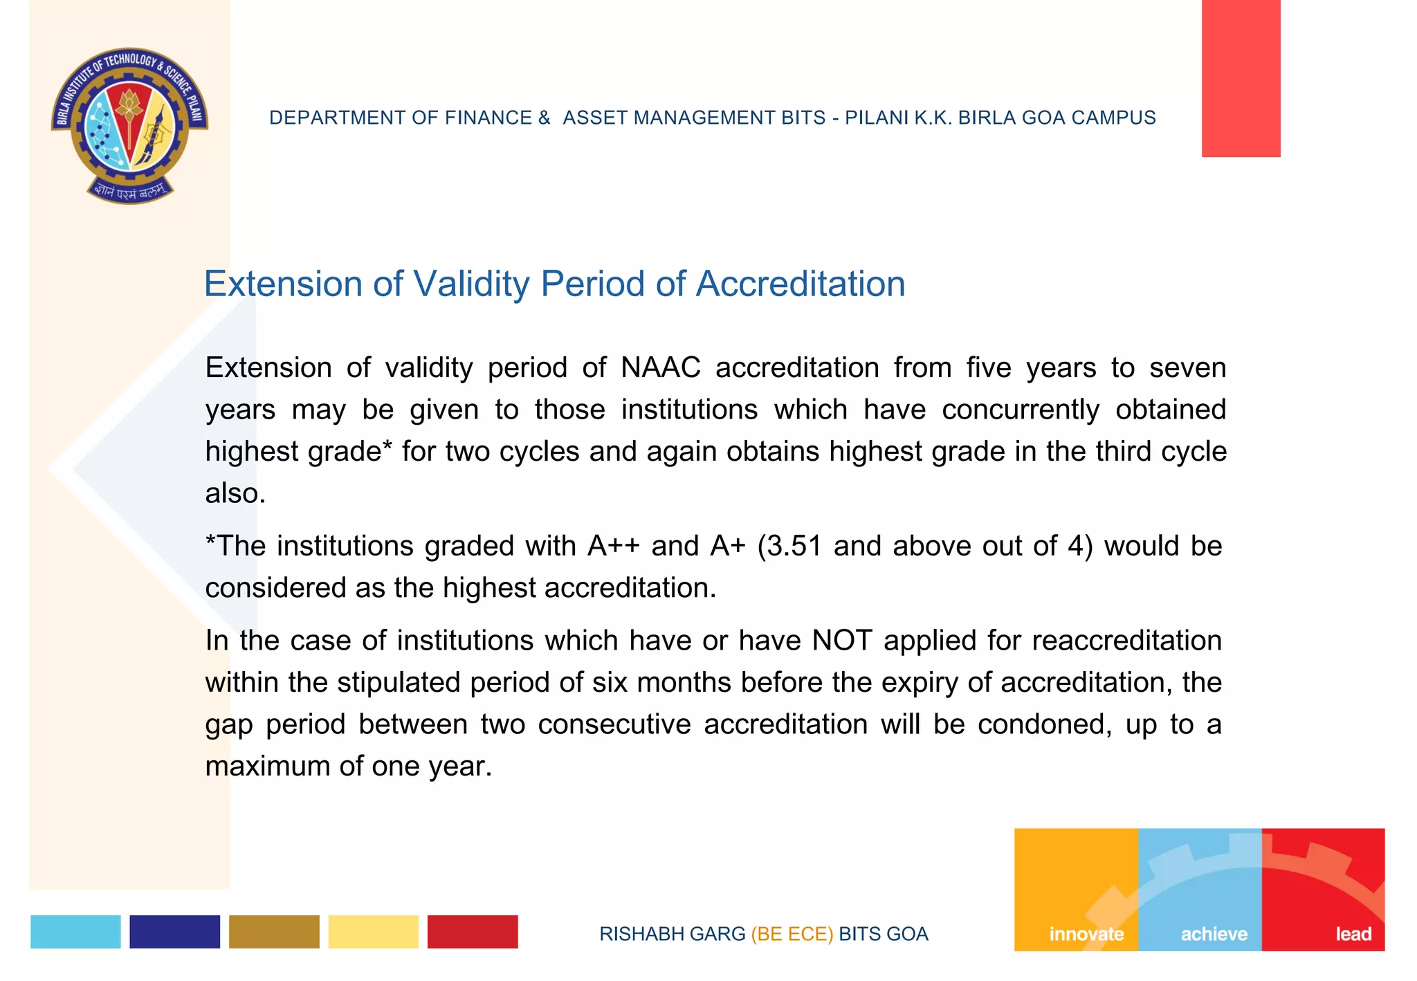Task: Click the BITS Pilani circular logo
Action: [129, 126]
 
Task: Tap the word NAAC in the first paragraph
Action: [660, 367]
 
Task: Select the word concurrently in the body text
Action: [1020, 410]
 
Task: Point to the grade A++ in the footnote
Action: [613, 546]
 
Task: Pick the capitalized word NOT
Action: [841, 640]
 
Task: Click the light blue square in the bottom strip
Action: [75, 931]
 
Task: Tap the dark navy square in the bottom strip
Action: [174, 931]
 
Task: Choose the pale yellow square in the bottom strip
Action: [373, 931]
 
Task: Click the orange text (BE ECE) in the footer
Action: [792, 934]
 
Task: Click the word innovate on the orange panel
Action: [1086, 934]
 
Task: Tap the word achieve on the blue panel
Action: [1214, 934]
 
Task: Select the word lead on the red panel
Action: [1353, 934]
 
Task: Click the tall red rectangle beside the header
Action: [1241, 78]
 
